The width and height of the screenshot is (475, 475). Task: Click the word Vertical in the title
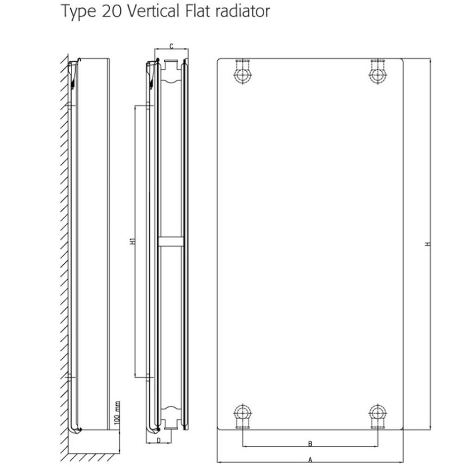pos(154,11)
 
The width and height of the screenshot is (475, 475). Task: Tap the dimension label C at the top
pos(171,46)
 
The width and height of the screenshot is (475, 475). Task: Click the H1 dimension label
pos(132,242)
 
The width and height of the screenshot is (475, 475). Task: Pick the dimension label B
pos(310,442)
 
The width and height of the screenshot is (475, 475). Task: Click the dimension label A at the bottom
pos(310,460)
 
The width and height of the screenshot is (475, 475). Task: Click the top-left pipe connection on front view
pos(243,74)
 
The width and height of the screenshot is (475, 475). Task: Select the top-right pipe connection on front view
pos(378,74)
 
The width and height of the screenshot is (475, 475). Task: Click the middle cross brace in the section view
pos(171,242)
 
